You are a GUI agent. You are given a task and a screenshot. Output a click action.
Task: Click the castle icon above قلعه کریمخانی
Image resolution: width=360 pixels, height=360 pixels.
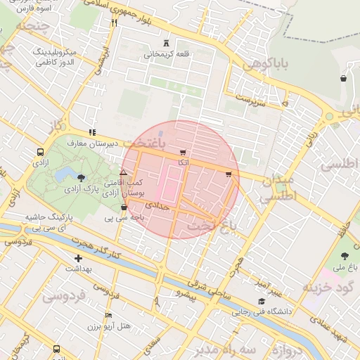(166, 43)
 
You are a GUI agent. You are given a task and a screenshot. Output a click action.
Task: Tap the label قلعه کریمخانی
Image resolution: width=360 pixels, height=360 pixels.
(166, 53)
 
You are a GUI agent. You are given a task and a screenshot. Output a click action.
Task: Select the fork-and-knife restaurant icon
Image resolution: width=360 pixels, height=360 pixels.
(114, 22)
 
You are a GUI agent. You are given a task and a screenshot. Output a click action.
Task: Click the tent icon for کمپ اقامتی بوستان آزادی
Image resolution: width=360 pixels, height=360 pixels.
(124, 172)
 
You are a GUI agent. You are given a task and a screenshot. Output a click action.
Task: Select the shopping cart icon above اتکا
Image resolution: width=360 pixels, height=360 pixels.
(183, 153)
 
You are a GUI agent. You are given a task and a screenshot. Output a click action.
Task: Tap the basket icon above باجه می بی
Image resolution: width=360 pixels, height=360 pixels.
(124, 207)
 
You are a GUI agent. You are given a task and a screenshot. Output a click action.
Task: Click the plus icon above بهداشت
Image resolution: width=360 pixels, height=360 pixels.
(78, 258)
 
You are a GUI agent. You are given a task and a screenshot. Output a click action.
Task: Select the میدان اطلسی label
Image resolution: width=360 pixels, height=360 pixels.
(277, 190)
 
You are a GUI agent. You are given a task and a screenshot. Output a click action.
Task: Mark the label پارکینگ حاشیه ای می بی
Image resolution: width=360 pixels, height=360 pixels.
(51, 223)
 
